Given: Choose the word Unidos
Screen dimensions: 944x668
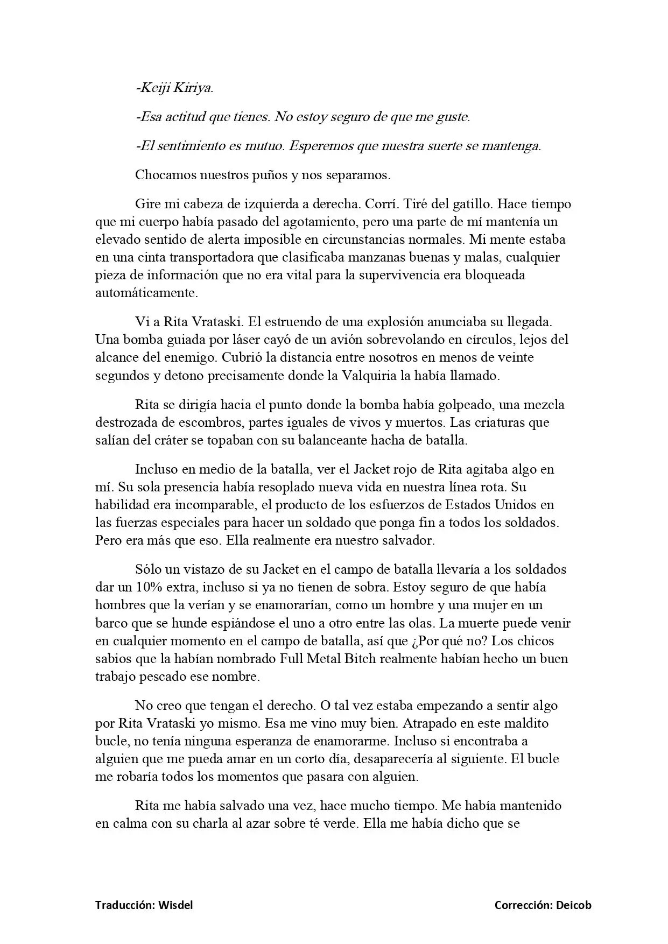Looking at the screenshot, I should click(x=518, y=505).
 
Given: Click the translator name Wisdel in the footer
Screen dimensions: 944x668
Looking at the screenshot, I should click(x=175, y=905).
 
